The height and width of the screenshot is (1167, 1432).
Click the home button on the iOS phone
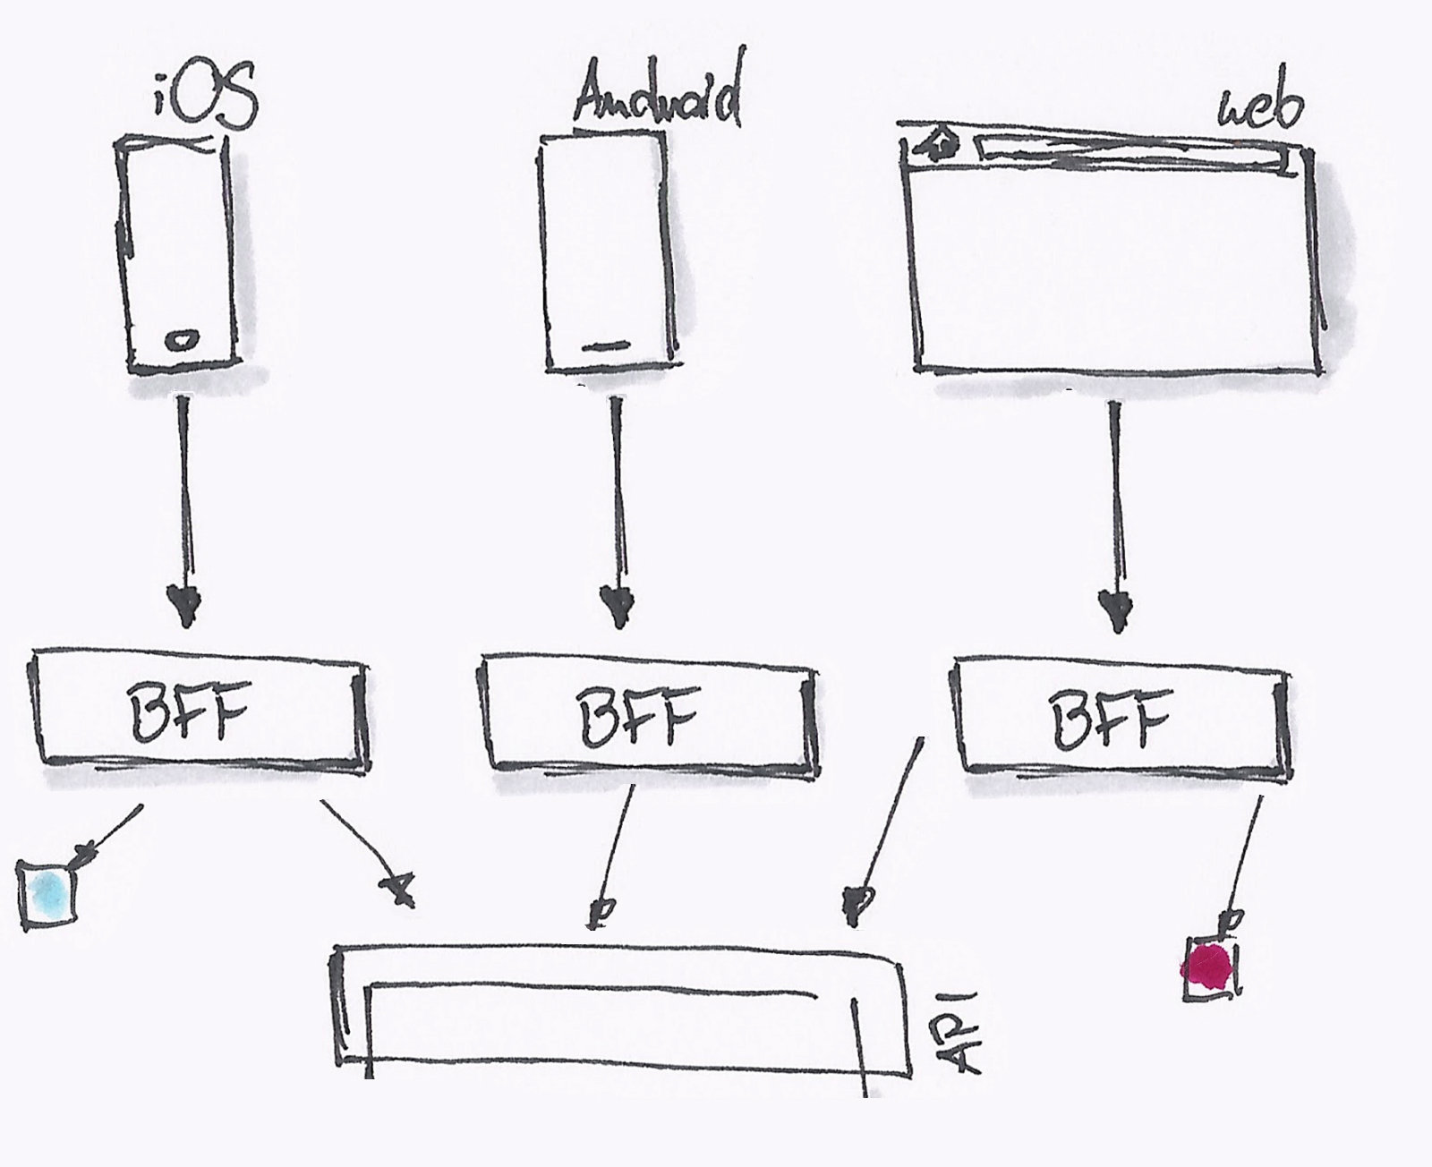click(182, 339)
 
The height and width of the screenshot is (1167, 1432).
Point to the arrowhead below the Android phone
click(617, 604)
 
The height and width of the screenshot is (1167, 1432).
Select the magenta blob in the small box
click(1208, 967)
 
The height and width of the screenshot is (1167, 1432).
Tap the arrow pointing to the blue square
click(111, 833)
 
